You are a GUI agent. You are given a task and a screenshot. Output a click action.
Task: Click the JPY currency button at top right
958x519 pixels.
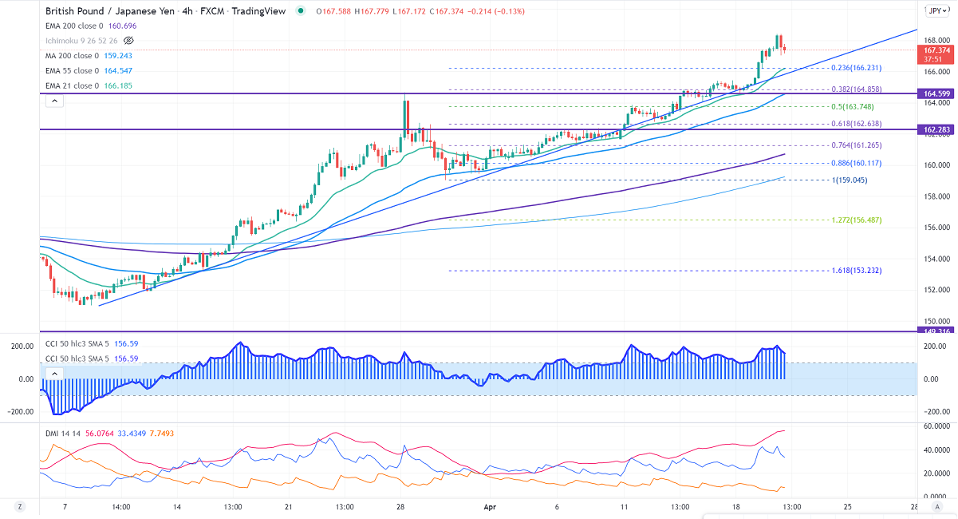[x=936, y=11]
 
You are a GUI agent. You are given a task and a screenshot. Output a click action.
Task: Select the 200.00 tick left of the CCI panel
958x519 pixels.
[x=21, y=347]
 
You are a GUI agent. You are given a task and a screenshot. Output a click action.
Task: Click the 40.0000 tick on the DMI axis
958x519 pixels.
[x=939, y=450]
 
